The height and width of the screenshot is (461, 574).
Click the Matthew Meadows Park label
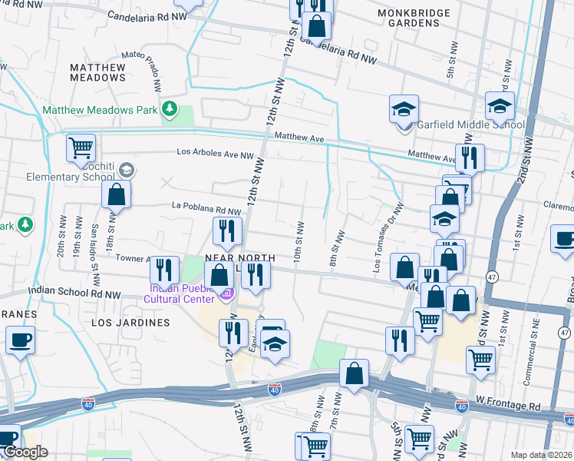coord(100,110)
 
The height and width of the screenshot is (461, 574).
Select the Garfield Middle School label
coord(470,125)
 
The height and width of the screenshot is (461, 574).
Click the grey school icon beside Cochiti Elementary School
coord(125,170)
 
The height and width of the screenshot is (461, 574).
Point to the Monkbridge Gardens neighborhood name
coord(408,18)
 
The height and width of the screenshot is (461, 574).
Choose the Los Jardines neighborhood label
coord(130,323)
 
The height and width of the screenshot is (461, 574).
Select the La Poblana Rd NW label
coord(206,208)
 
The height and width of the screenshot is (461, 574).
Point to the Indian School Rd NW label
coord(74,293)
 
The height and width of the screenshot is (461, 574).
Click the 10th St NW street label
coord(300,240)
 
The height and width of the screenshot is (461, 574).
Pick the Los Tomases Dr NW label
coord(388,240)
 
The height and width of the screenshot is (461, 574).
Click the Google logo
coord(25,453)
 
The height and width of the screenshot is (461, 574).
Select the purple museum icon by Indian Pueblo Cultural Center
coord(226,294)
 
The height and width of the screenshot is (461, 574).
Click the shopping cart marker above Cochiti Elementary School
coord(81,146)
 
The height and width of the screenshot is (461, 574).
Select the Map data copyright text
coord(542,455)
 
